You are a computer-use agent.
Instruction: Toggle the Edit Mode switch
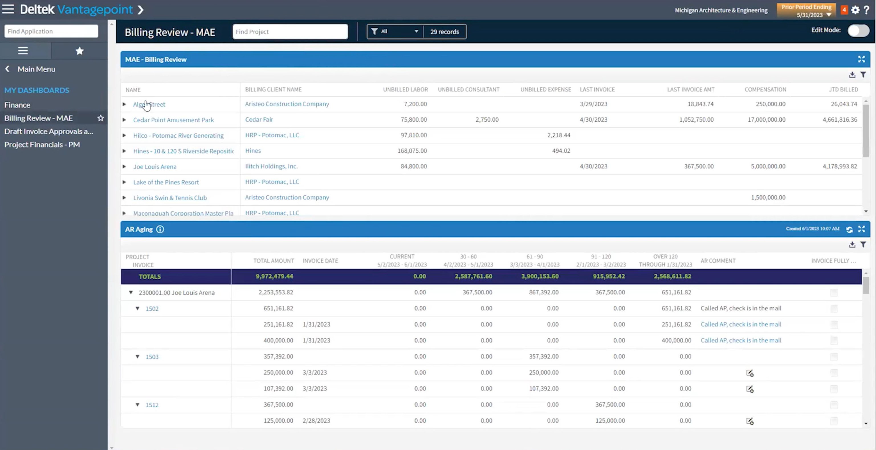click(858, 30)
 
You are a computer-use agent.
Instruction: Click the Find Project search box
click(290, 32)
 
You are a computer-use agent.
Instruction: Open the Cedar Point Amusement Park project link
click(174, 120)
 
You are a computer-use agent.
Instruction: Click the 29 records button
click(445, 32)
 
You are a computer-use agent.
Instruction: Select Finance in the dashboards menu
click(17, 105)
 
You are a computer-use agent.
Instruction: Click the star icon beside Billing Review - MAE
click(101, 118)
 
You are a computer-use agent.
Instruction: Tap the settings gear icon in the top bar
click(855, 10)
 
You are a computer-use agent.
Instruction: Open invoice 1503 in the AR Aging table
click(152, 357)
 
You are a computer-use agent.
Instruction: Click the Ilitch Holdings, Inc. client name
click(271, 166)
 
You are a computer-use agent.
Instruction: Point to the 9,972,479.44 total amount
click(274, 276)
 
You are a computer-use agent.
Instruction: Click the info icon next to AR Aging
click(160, 230)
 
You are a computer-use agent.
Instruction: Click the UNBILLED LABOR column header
click(405, 89)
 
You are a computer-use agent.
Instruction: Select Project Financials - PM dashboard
click(42, 145)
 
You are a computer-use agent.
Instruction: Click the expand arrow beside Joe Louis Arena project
click(124, 167)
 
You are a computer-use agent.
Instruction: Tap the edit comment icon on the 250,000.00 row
click(750, 373)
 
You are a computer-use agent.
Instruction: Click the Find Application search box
click(51, 31)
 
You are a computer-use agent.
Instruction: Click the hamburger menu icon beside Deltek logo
click(8, 9)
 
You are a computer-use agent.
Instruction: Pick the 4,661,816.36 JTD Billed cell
click(840, 120)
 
